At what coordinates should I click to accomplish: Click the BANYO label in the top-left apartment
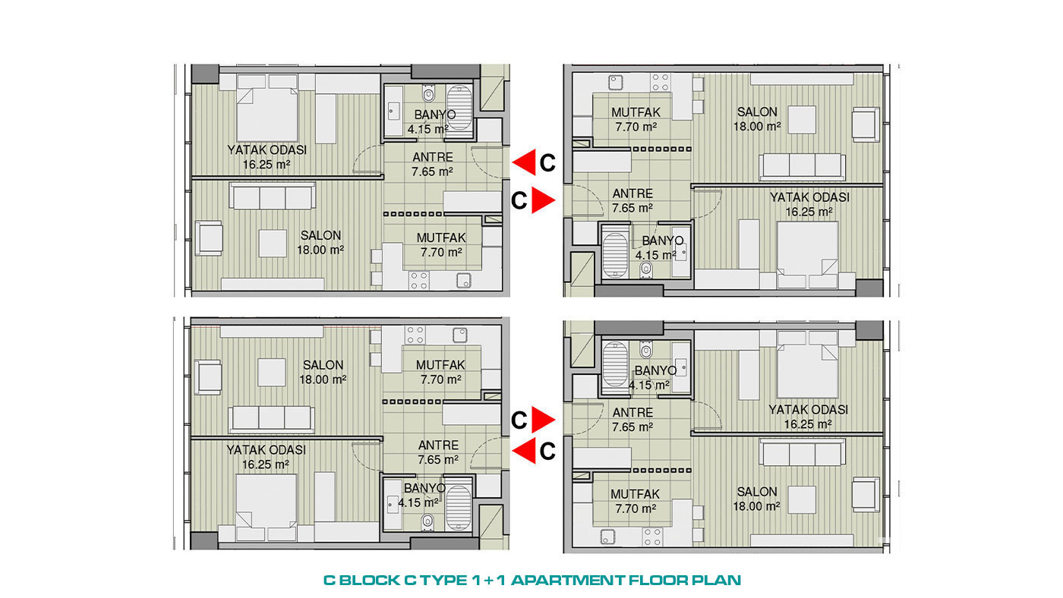click(434, 115)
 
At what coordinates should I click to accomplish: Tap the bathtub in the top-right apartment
click(615, 256)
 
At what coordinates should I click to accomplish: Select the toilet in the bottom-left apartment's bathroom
click(427, 521)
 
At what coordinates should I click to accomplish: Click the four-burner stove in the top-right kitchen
click(660, 81)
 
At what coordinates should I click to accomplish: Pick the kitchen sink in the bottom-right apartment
click(608, 537)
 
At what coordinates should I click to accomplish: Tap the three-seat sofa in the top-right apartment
click(802, 167)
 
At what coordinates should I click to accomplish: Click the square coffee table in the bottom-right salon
click(802, 499)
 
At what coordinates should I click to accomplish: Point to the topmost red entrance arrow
click(524, 162)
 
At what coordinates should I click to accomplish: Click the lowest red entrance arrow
click(524, 451)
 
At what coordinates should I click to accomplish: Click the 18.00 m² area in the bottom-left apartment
click(323, 380)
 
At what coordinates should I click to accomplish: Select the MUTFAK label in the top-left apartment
click(441, 238)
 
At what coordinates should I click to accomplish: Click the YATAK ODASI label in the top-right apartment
click(809, 197)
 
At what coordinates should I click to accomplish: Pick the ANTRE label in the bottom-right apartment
click(632, 413)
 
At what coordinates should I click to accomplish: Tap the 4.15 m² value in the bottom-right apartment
click(649, 385)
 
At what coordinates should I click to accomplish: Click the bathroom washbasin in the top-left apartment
click(393, 112)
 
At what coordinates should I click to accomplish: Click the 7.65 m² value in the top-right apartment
click(632, 208)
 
